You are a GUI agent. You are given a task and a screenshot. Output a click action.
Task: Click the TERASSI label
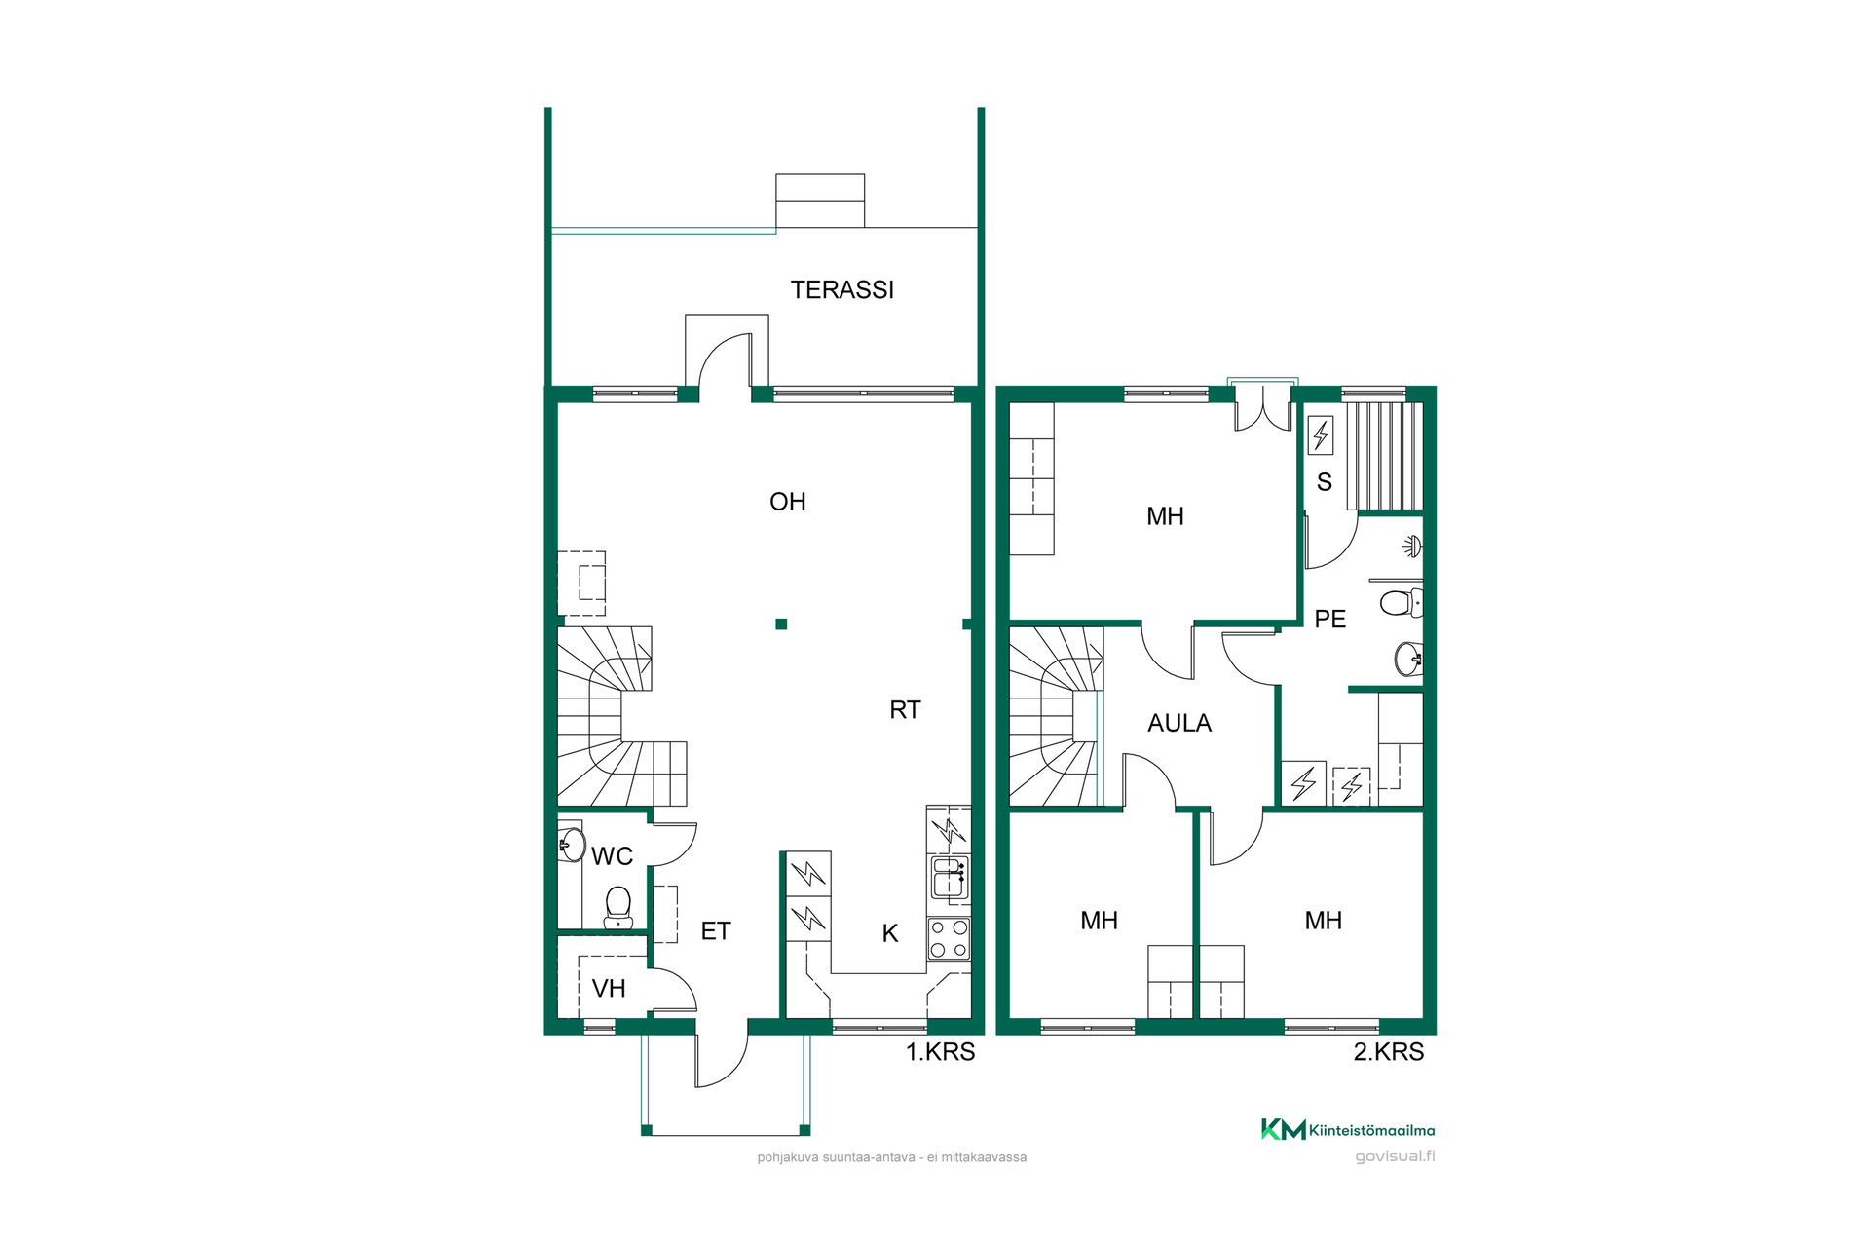click(x=842, y=289)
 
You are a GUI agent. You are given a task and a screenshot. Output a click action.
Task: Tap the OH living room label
click(x=788, y=502)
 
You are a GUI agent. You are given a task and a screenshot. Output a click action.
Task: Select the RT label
click(x=905, y=710)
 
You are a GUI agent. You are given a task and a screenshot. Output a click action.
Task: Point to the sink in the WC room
click(x=571, y=844)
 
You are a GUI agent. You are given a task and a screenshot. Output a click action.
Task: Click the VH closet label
click(x=609, y=989)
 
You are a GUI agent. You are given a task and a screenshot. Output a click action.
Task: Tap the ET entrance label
click(x=716, y=931)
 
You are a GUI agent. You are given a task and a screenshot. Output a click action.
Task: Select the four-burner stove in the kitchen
click(x=949, y=939)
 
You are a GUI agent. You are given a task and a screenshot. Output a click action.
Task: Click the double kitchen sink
click(x=949, y=877)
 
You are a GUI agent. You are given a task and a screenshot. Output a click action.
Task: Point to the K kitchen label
click(x=890, y=933)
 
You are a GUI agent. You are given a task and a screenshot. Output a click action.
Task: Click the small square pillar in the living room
click(x=781, y=624)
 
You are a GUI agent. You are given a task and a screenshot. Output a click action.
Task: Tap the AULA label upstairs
click(x=1179, y=723)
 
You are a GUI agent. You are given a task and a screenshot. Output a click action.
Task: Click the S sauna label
click(x=1325, y=482)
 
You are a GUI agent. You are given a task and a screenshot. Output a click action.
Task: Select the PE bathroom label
click(x=1330, y=619)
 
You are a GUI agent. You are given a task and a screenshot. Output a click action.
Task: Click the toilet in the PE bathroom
click(x=1402, y=603)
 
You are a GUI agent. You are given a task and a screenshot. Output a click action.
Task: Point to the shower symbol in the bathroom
click(x=1412, y=546)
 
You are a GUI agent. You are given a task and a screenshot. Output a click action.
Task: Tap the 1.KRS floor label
click(x=941, y=1052)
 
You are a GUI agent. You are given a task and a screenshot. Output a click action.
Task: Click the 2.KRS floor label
click(x=1389, y=1052)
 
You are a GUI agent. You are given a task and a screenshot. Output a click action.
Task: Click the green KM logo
click(x=1284, y=1130)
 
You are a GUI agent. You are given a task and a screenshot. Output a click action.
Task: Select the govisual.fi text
click(x=1396, y=1156)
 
